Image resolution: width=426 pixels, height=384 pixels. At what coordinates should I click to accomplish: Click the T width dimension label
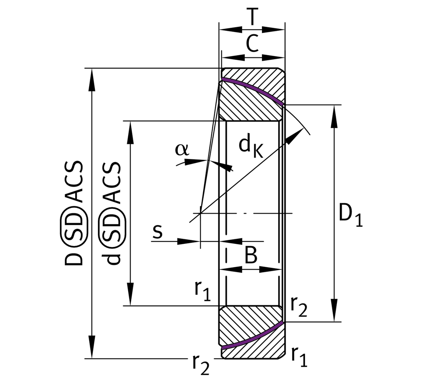pyautogui.click(x=252, y=17)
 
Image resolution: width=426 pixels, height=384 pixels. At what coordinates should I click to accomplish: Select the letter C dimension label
pyautogui.click(x=252, y=44)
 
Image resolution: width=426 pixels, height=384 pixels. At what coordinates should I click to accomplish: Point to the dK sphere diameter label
pyautogui.click(x=250, y=146)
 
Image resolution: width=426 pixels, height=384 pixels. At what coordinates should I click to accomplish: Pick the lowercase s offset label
pyautogui.click(x=157, y=231)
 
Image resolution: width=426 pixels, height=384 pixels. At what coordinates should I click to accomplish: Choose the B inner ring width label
pyautogui.click(x=251, y=255)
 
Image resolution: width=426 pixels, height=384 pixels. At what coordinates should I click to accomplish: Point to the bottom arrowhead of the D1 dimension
pyautogui.click(x=334, y=311)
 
